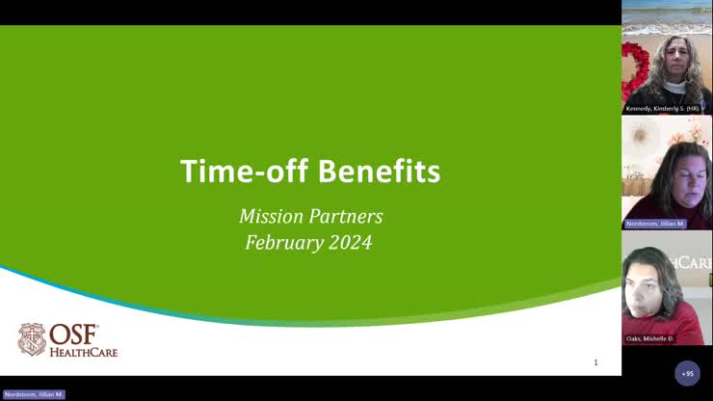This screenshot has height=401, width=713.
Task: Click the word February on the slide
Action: (282, 242)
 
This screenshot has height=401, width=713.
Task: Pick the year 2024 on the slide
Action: (349, 242)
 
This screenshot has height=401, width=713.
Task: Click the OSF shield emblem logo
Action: (32, 339)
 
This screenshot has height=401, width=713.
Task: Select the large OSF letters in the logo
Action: (74, 334)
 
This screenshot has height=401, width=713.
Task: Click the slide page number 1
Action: (595, 362)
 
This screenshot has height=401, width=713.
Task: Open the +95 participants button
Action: (687, 373)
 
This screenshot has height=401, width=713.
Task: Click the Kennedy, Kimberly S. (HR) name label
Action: (666, 109)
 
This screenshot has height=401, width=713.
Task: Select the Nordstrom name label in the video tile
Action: (656, 224)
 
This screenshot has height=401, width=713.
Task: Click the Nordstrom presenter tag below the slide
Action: (33, 394)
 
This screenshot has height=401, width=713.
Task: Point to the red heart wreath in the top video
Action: (633, 72)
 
